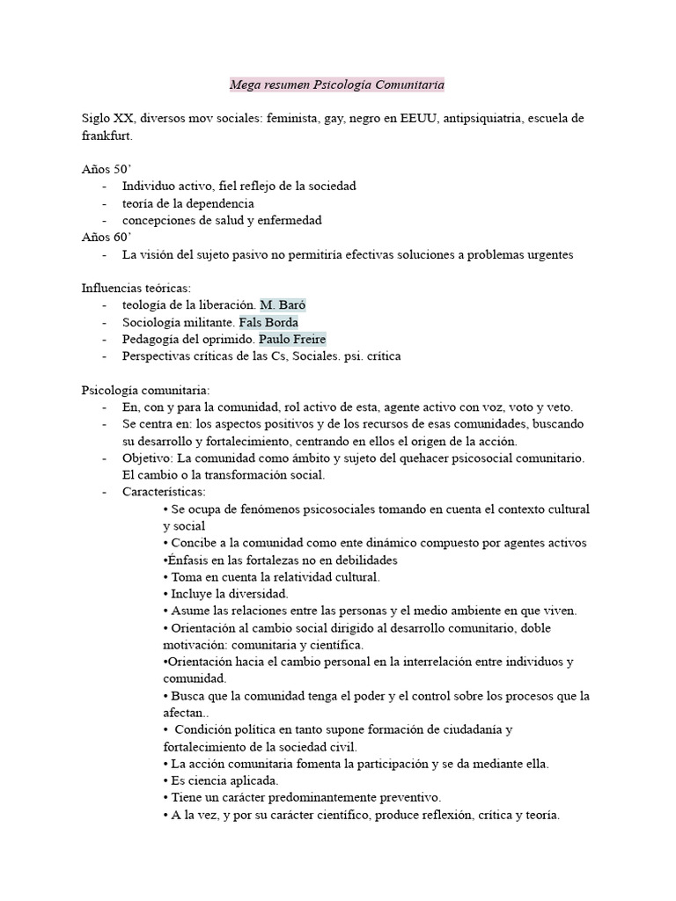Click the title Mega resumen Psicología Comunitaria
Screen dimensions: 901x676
337,85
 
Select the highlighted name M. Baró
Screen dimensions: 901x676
283,305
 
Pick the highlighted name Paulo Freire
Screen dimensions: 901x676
292,340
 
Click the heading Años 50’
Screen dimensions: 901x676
106,169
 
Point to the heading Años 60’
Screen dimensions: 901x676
106,238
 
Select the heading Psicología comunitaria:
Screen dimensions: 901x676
146,391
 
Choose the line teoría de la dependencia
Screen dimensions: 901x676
188,203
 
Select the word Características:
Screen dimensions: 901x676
164,493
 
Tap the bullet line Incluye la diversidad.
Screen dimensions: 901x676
217,594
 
